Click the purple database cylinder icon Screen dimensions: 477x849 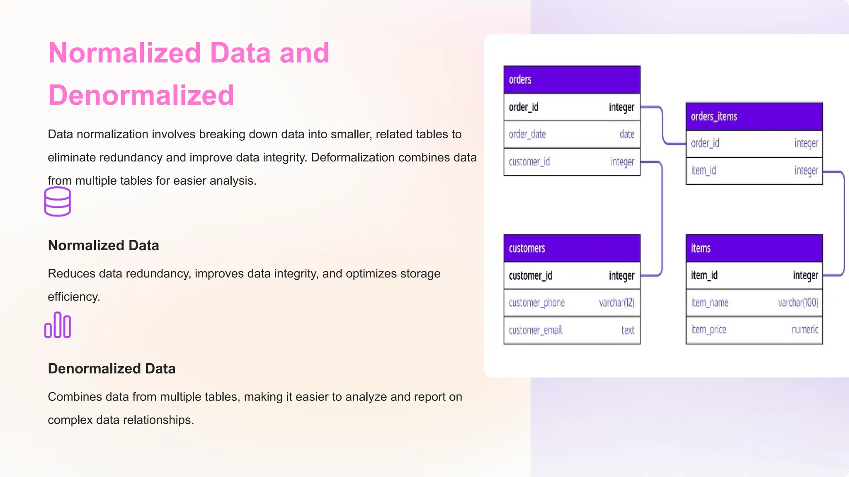click(x=57, y=202)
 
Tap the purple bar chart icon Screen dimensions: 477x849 click(x=57, y=325)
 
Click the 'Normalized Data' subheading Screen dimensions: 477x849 click(x=103, y=246)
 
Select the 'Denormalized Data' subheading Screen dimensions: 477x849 click(x=112, y=369)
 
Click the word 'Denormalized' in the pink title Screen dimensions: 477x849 click(x=141, y=95)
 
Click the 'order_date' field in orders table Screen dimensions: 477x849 click(x=527, y=135)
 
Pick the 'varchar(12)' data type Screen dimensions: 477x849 click(x=616, y=303)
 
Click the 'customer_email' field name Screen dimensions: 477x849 click(x=535, y=330)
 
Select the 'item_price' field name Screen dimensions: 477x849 click(x=708, y=330)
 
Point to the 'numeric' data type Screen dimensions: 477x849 click(x=805, y=330)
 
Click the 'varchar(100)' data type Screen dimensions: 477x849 click(x=798, y=303)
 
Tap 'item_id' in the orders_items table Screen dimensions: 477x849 click(x=703, y=171)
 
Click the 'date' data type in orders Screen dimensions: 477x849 click(x=626, y=135)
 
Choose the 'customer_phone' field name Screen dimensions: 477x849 click(x=537, y=303)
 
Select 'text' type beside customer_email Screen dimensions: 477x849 click(x=628, y=330)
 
